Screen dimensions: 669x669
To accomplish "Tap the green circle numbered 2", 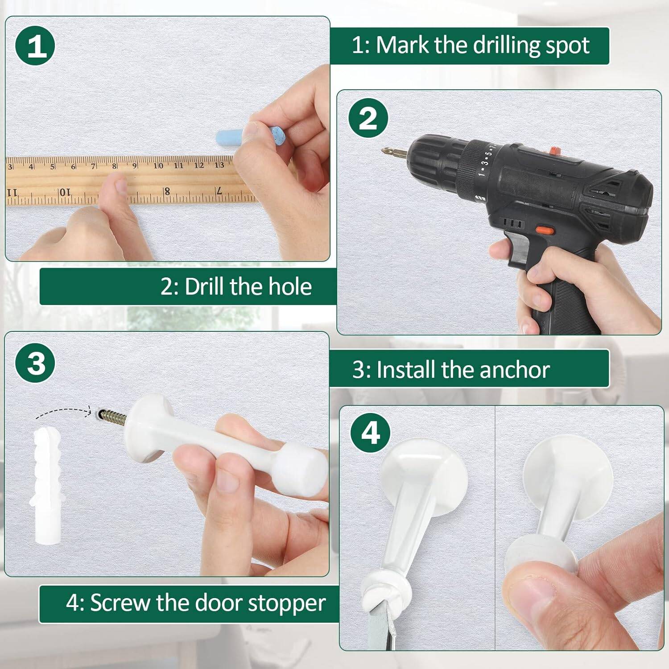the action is coord(368,119).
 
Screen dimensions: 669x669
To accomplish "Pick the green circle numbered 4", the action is coord(371,433).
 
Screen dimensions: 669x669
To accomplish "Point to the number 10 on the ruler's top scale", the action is coord(158,166).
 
